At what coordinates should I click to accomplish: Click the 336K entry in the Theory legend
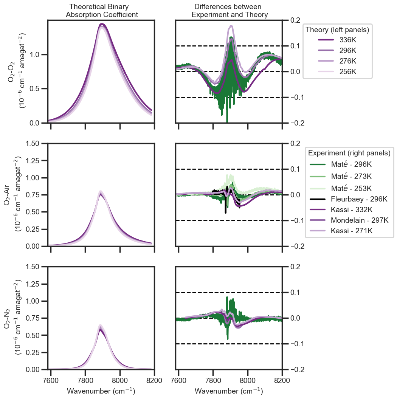(337, 40)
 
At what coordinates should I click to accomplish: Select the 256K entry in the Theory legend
(337, 72)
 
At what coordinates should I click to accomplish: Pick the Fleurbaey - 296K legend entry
(349, 199)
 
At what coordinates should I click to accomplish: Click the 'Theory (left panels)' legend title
(338, 30)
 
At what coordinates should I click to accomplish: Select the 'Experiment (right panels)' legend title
(349, 153)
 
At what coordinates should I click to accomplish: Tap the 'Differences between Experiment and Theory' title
(229, 11)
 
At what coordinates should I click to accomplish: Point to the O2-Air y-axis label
(12, 195)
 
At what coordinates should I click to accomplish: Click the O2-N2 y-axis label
(12, 318)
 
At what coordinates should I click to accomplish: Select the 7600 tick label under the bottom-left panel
(51, 381)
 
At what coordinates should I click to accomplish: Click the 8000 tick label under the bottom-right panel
(248, 381)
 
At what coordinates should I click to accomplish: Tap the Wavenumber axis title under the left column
(101, 391)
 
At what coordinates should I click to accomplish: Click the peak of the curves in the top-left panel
(102, 24)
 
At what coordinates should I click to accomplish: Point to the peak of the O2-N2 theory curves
(100, 326)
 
